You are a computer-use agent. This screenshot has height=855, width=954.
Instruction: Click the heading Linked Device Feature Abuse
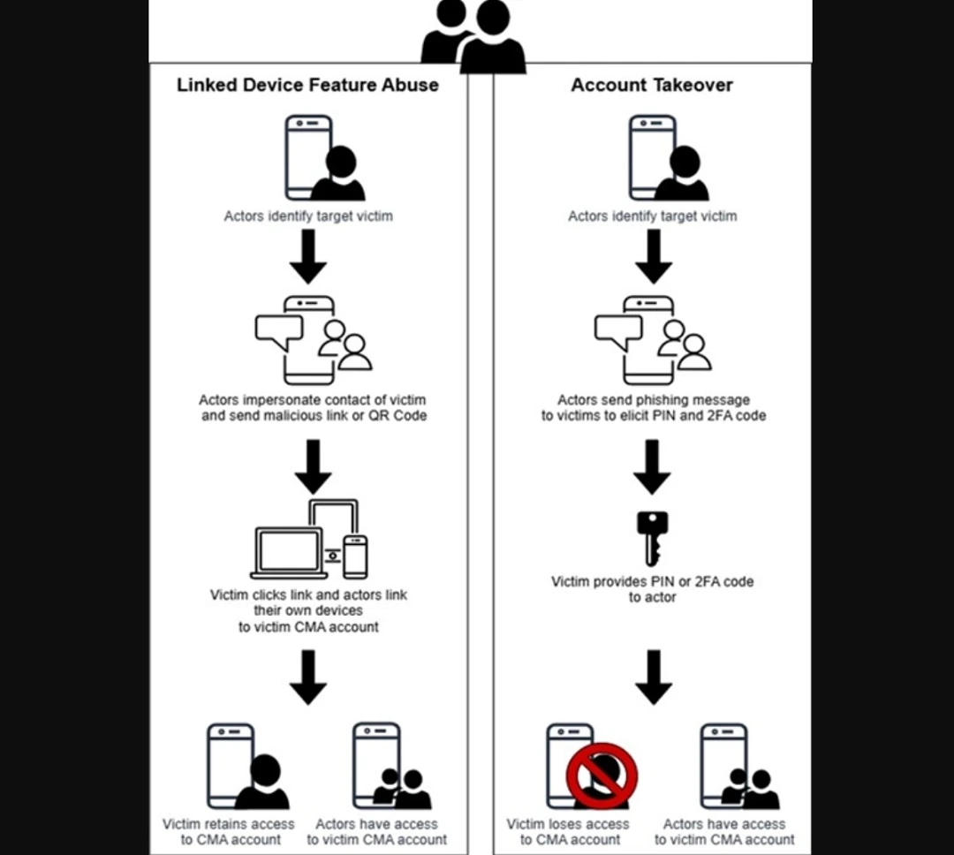tap(307, 85)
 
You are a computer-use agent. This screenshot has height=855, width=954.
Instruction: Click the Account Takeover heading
tap(652, 85)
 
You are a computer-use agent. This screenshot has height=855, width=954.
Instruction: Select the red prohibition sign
tap(602, 775)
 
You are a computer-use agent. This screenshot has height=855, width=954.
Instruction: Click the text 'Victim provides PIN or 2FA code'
tap(652, 582)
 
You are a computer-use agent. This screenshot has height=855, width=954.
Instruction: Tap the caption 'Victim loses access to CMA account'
tap(568, 831)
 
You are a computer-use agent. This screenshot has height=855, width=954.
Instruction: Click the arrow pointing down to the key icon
tap(652, 467)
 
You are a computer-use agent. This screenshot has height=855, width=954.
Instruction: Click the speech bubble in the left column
tap(278, 330)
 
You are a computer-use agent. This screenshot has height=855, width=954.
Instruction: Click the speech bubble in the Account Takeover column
tap(617, 330)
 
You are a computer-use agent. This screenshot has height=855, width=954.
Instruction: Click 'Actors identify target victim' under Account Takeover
tap(652, 216)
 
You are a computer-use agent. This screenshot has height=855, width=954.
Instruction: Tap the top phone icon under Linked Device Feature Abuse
tap(308, 157)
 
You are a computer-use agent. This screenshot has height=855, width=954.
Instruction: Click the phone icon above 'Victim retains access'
tap(231, 765)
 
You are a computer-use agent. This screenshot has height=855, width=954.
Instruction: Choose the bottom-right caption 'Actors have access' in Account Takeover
tap(724, 831)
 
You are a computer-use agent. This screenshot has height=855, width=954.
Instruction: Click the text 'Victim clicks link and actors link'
tap(308, 594)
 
